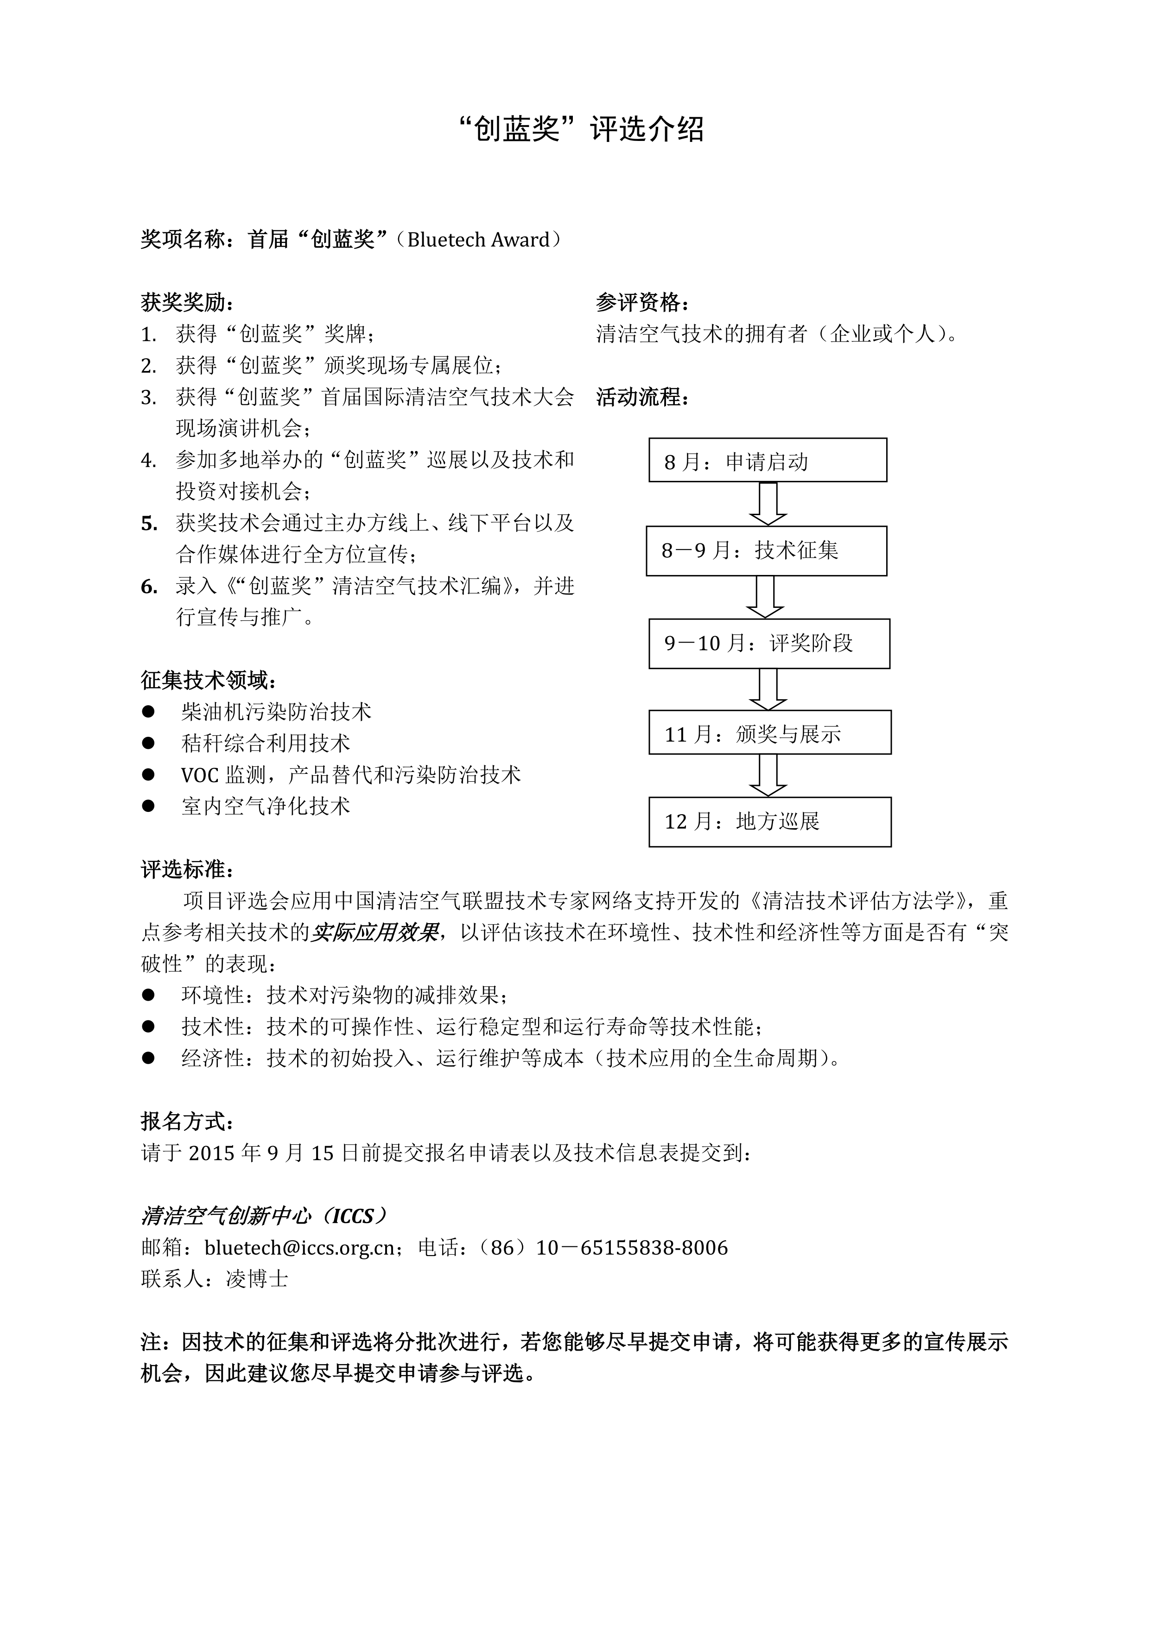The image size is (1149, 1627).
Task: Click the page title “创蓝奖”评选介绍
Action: (580, 130)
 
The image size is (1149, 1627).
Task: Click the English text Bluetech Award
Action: (478, 240)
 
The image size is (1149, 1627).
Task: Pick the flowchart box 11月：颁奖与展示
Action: (769, 733)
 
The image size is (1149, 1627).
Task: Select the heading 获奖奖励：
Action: (187, 303)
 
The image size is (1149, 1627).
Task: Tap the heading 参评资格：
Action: (642, 303)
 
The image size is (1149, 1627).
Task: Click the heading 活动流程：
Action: (642, 397)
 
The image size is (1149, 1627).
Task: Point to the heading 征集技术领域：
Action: (208, 680)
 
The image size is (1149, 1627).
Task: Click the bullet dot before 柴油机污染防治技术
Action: (148, 711)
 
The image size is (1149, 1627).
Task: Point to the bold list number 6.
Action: (149, 587)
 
